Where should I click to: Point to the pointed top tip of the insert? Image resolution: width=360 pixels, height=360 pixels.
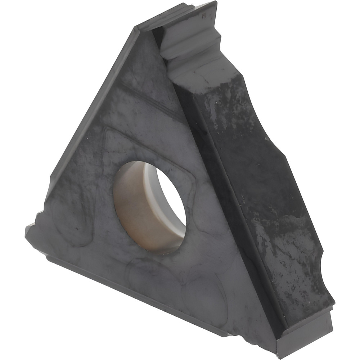pos(212,4)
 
